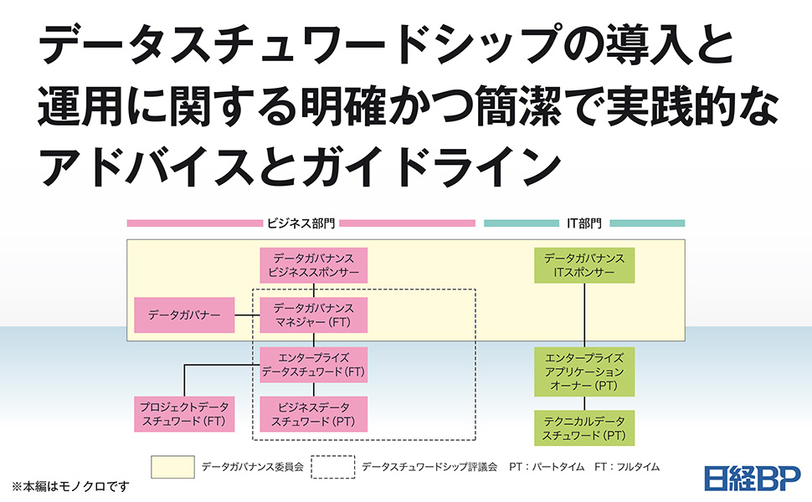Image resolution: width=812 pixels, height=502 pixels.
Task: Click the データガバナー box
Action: (x=184, y=315)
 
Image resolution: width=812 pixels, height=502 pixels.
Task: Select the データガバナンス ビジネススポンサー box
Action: (x=314, y=264)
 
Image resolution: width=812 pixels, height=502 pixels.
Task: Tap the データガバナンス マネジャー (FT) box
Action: (x=314, y=315)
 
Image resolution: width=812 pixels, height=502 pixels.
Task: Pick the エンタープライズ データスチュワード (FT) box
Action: (x=314, y=365)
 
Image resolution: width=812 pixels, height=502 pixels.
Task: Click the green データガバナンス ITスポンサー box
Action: (x=584, y=264)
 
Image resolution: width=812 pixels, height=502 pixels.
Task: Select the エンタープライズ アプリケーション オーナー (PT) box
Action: (x=584, y=371)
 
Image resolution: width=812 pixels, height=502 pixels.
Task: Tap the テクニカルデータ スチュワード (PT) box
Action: (x=584, y=427)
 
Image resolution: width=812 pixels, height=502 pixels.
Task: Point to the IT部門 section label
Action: (x=583, y=223)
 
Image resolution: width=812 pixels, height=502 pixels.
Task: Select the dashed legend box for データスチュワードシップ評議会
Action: (x=332, y=467)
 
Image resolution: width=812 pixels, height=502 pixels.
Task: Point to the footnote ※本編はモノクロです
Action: (x=70, y=485)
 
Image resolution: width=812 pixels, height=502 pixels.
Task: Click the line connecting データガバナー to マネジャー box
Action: (x=246, y=315)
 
